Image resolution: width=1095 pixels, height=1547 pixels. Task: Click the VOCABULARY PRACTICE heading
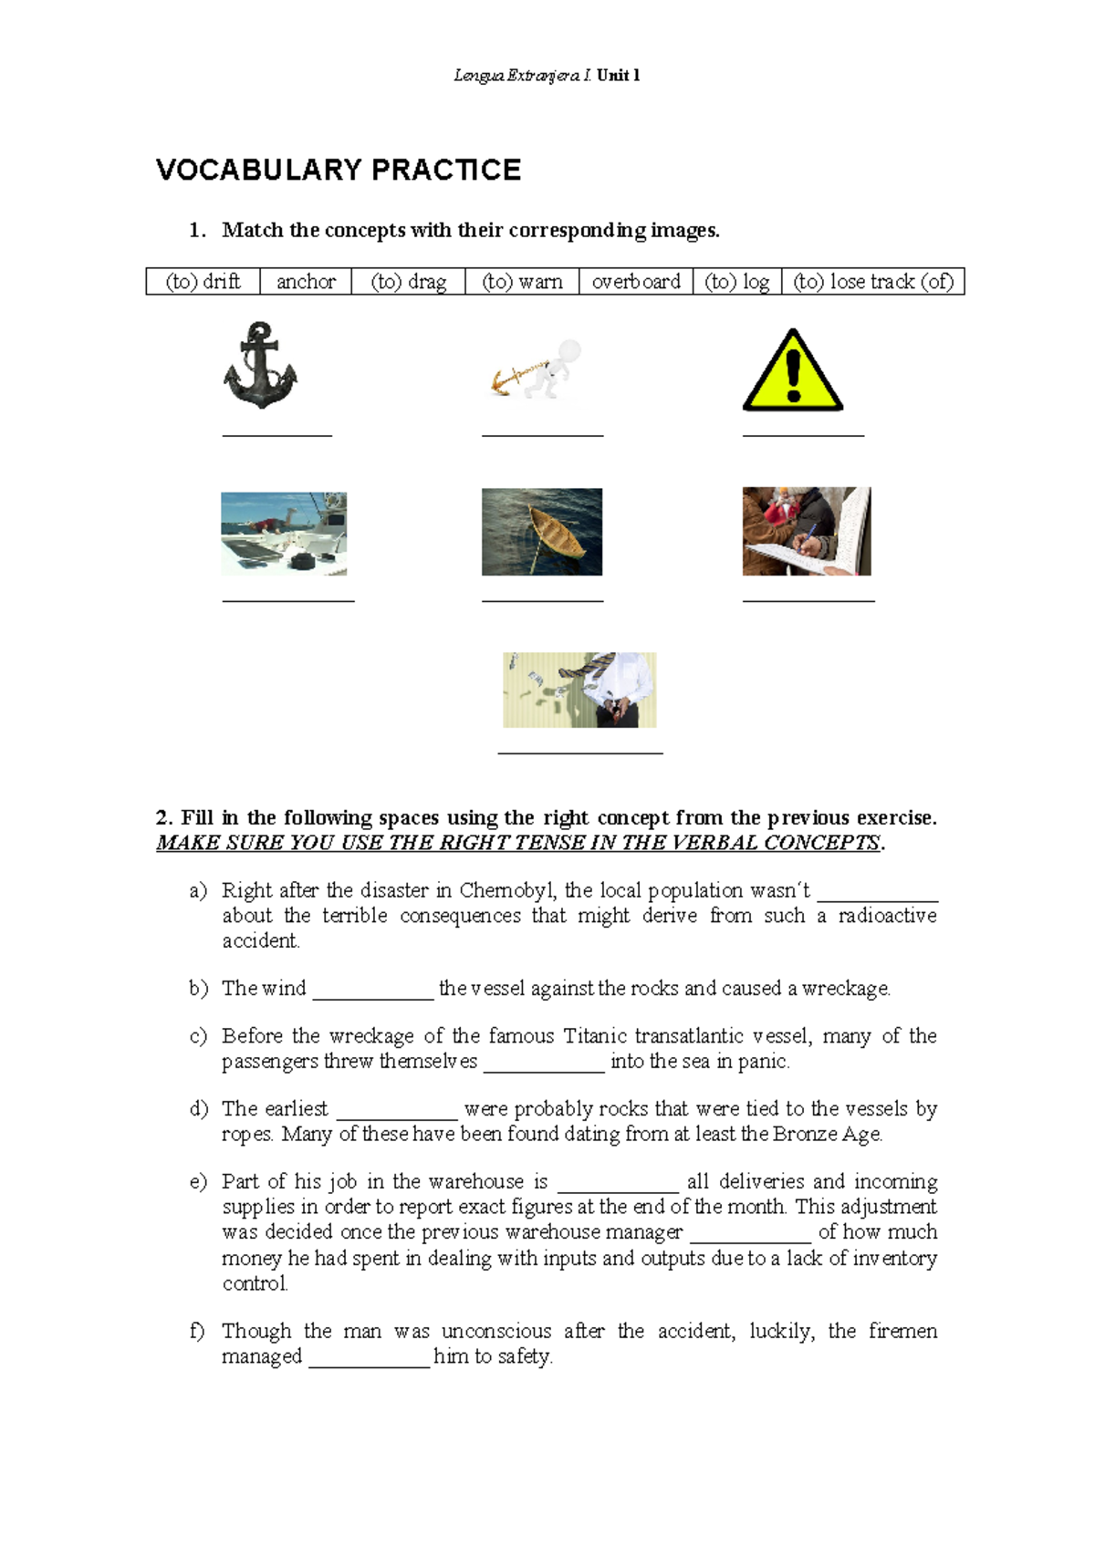pos(339,171)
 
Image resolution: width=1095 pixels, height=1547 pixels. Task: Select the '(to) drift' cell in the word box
pos(203,282)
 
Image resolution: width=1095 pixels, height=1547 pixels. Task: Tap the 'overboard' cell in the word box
pos(636,282)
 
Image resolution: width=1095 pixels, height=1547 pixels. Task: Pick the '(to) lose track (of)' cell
pos(873,282)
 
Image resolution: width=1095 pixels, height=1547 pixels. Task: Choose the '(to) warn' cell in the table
pos(522,282)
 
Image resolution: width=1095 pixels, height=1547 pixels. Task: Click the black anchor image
pos(261,366)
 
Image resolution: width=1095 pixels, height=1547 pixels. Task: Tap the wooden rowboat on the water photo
pos(542,532)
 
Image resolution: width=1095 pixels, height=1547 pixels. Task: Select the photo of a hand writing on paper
pos(807,532)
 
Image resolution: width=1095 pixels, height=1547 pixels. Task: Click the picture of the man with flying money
pos(579,690)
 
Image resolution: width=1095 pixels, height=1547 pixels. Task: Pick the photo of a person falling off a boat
pos(284,534)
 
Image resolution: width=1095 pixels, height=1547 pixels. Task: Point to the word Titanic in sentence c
pos(596,1036)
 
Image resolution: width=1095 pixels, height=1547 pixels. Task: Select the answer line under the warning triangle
pos(803,435)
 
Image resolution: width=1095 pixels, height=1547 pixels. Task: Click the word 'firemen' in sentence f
pos(902,1332)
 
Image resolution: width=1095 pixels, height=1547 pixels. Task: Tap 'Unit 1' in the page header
pos(619,76)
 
